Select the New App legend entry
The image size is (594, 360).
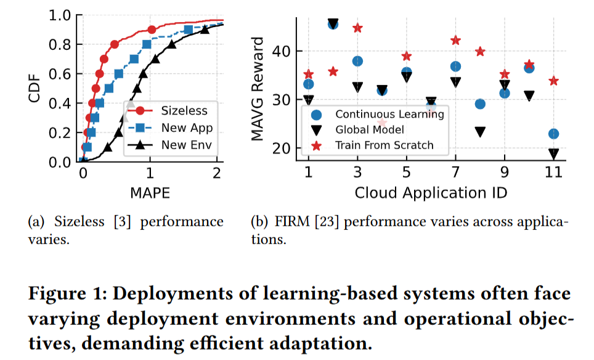170,128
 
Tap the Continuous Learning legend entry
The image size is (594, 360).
377,115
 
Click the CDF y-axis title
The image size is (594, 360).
34,88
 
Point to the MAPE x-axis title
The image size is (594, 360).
150,193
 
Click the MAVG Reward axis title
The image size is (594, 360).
257,89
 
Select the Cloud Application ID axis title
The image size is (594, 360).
431,193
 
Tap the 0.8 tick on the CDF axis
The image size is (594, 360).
60,45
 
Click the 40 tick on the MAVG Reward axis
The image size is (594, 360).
282,51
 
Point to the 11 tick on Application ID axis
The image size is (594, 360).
553,173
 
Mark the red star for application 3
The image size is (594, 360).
357,28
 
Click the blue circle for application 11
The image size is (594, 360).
553,134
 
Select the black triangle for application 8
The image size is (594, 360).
480,132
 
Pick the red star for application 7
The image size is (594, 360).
455,40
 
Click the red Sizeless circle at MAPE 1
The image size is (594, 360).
152,30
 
